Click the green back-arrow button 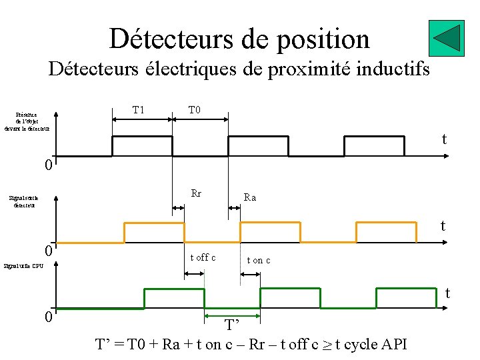point(447,38)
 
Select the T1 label point(139,109)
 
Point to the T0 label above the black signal point(195,109)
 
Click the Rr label point(196,194)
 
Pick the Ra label point(250,197)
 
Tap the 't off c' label point(203,257)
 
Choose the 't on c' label point(259,260)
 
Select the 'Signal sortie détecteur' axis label point(23,201)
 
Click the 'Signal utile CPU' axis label point(23,266)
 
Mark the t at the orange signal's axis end point(443,227)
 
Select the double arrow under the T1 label point(142,119)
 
